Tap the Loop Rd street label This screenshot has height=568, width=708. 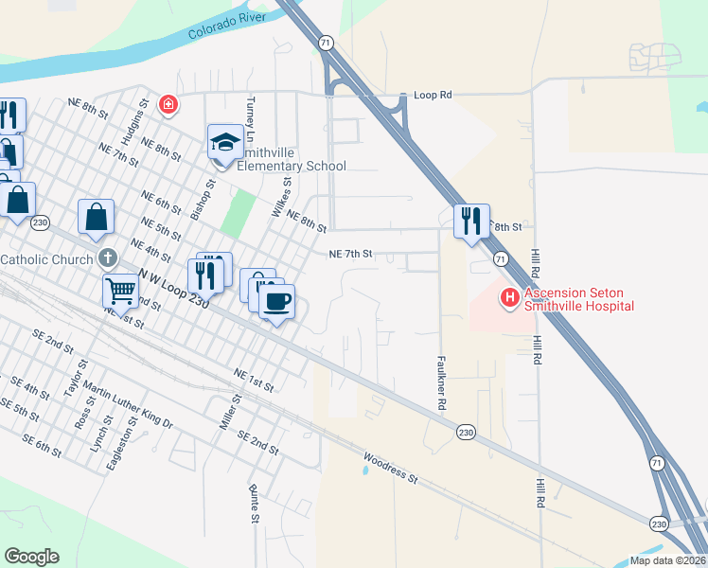tap(434, 96)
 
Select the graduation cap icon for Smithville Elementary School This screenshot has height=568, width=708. tap(225, 143)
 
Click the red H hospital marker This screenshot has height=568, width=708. tap(510, 298)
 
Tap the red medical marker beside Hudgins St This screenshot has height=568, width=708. tap(168, 103)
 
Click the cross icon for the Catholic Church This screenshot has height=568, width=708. tap(109, 258)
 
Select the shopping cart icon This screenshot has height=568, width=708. tap(121, 291)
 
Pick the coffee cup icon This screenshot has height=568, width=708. tap(276, 302)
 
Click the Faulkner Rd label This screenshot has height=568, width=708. tap(442, 382)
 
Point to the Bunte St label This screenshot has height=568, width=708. tap(255, 504)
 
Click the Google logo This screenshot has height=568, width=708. tap(31, 557)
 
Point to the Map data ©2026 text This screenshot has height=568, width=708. tap(667, 560)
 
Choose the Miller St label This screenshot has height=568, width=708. tap(231, 413)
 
